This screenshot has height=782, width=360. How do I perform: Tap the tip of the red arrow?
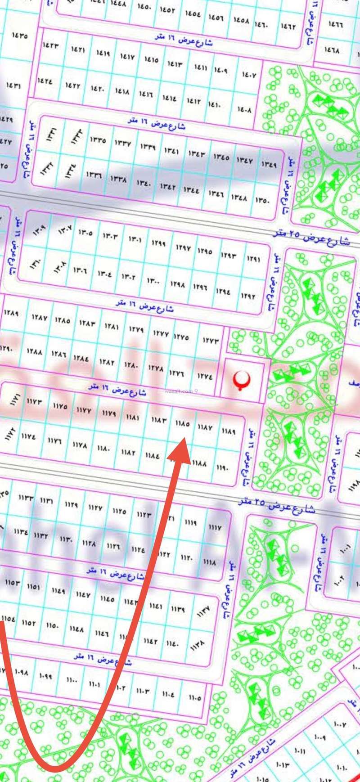(x=184, y=442)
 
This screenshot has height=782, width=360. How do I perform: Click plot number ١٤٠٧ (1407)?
(x=249, y=75)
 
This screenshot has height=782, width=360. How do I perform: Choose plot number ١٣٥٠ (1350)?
(x=262, y=201)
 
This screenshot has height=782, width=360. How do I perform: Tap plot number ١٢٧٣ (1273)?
(x=210, y=341)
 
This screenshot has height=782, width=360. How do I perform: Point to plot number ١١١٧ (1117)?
(x=216, y=527)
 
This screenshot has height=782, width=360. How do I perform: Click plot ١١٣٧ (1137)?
(x=202, y=612)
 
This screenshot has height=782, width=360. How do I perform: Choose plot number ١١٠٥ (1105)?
(x=195, y=698)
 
